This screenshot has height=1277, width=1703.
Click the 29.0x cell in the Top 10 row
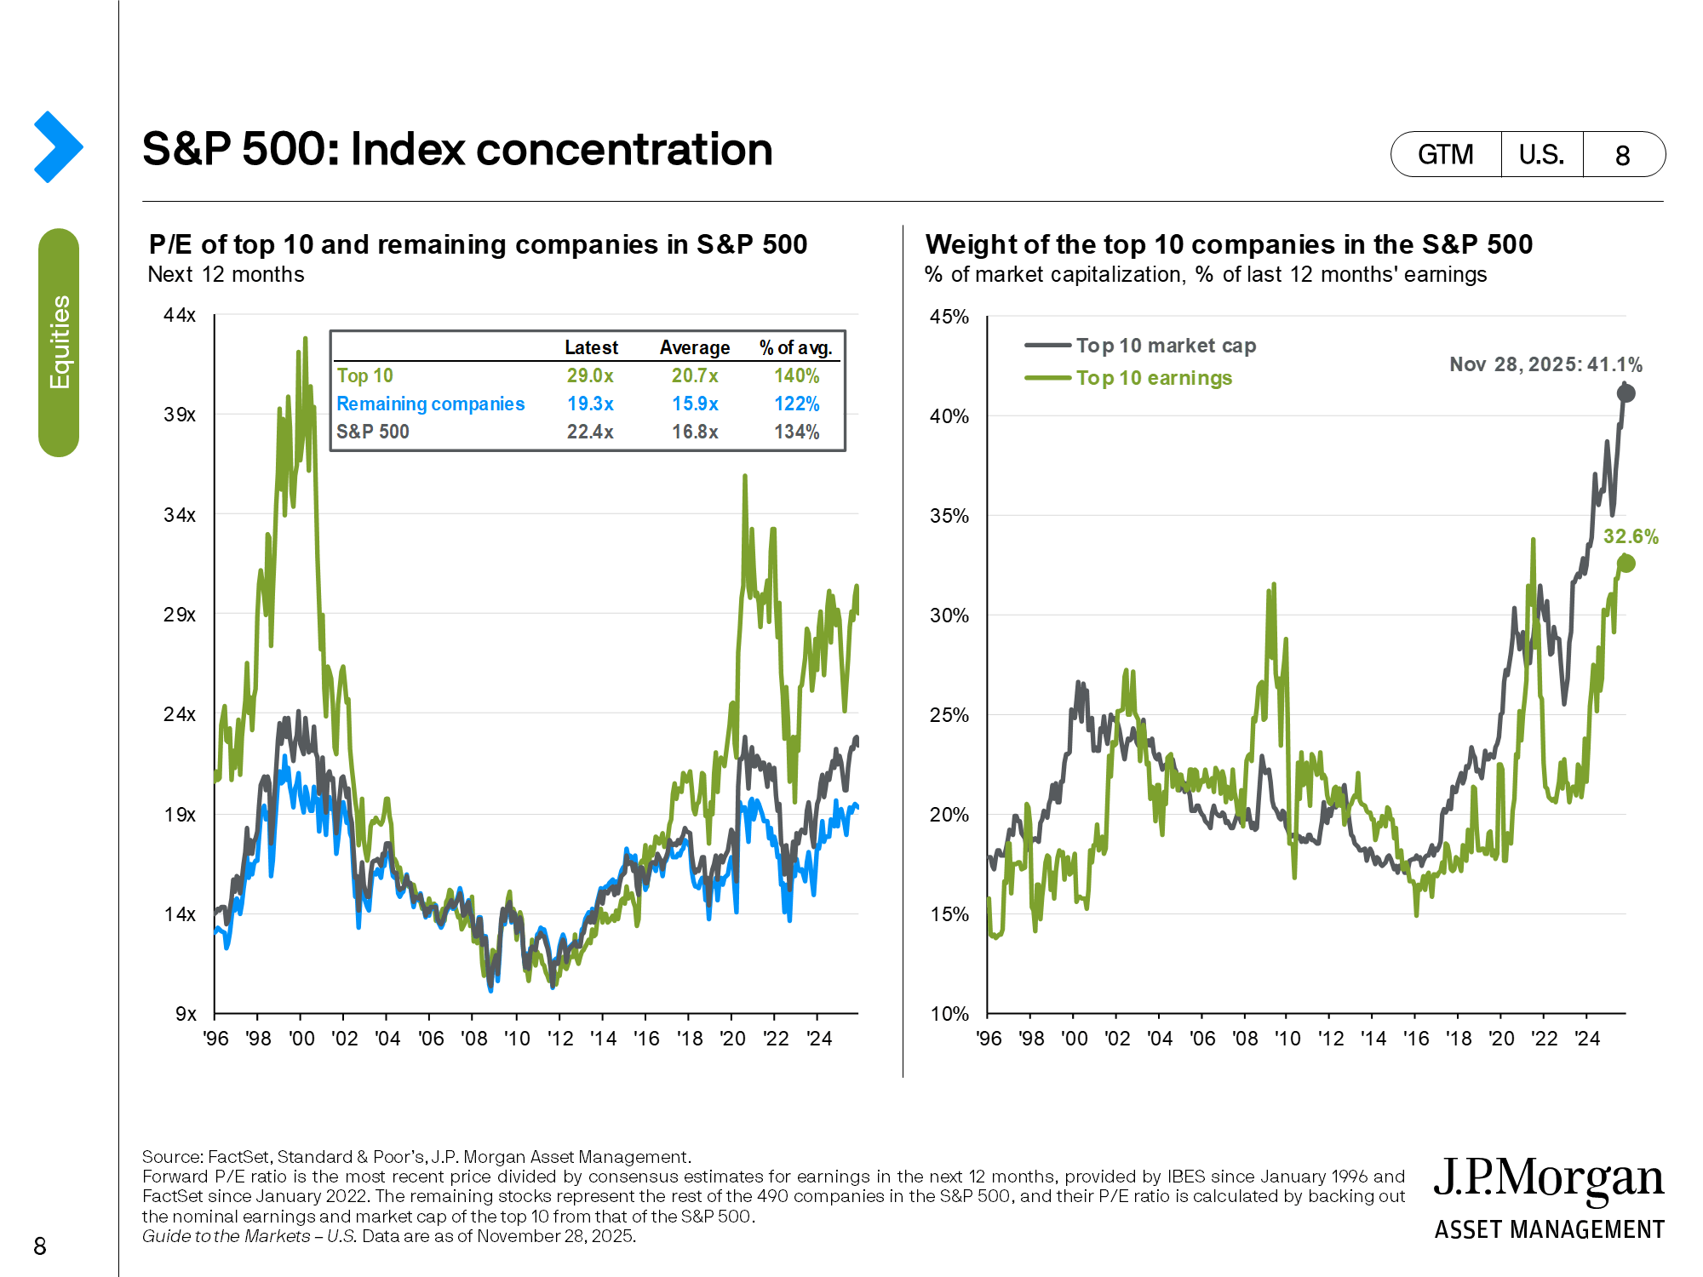pyautogui.click(x=590, y=375)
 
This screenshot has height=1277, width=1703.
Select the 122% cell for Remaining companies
pyautogui.click(x=796, y=404)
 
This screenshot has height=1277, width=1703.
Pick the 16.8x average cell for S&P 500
pyautogui.click(x=695, y=432)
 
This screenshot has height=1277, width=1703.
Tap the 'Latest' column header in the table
pyautogui.click(x=591, y=347)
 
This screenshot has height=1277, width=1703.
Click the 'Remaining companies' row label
pyautogui.click(x=430, y=404)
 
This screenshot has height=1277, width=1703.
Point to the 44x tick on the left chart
pyautogui.click(x=180, y=315)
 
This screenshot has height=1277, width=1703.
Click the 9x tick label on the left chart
pyautogui.click(x=186, y=1014)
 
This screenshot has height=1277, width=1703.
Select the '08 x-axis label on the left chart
pyautogui.click(x=473, y=1039)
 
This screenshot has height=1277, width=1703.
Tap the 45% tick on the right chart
pyautogui.click(x=949, y=317)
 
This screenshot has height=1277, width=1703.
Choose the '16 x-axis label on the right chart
pyautogui.click(x=1415, y=1039)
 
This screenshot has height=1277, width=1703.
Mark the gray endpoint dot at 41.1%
pyautogui.click(x=1626, y=393)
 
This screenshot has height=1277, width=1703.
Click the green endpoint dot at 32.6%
pyautogui.click(x=1626, y=564)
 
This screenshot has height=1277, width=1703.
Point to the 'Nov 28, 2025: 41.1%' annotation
pyautogui.click(x=1545, y=364)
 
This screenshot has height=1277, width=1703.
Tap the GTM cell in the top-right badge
pyautogui.click(x=1445, y=155)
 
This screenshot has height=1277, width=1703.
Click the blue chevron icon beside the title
pyautogui.click(x=58, y=146)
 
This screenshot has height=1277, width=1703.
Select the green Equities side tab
pyautogui.click(x=59, y=342)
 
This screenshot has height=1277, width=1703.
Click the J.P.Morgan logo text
pyautogui.click(x=1548, y=1180)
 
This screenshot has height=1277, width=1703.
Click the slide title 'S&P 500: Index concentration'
pyautogui.click(x=457, y=150)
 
